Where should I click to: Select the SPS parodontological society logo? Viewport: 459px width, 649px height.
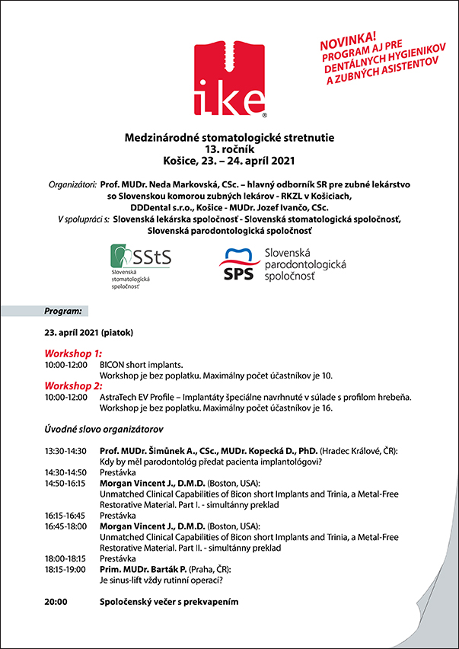(x=282, y=265)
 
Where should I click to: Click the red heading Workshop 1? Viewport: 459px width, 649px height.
(x=73, y=354)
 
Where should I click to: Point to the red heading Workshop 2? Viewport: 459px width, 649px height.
(x=73, y=386)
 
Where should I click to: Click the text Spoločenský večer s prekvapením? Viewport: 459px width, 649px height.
(x=170, y=601)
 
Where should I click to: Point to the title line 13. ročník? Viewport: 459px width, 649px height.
(x=229, y=149)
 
